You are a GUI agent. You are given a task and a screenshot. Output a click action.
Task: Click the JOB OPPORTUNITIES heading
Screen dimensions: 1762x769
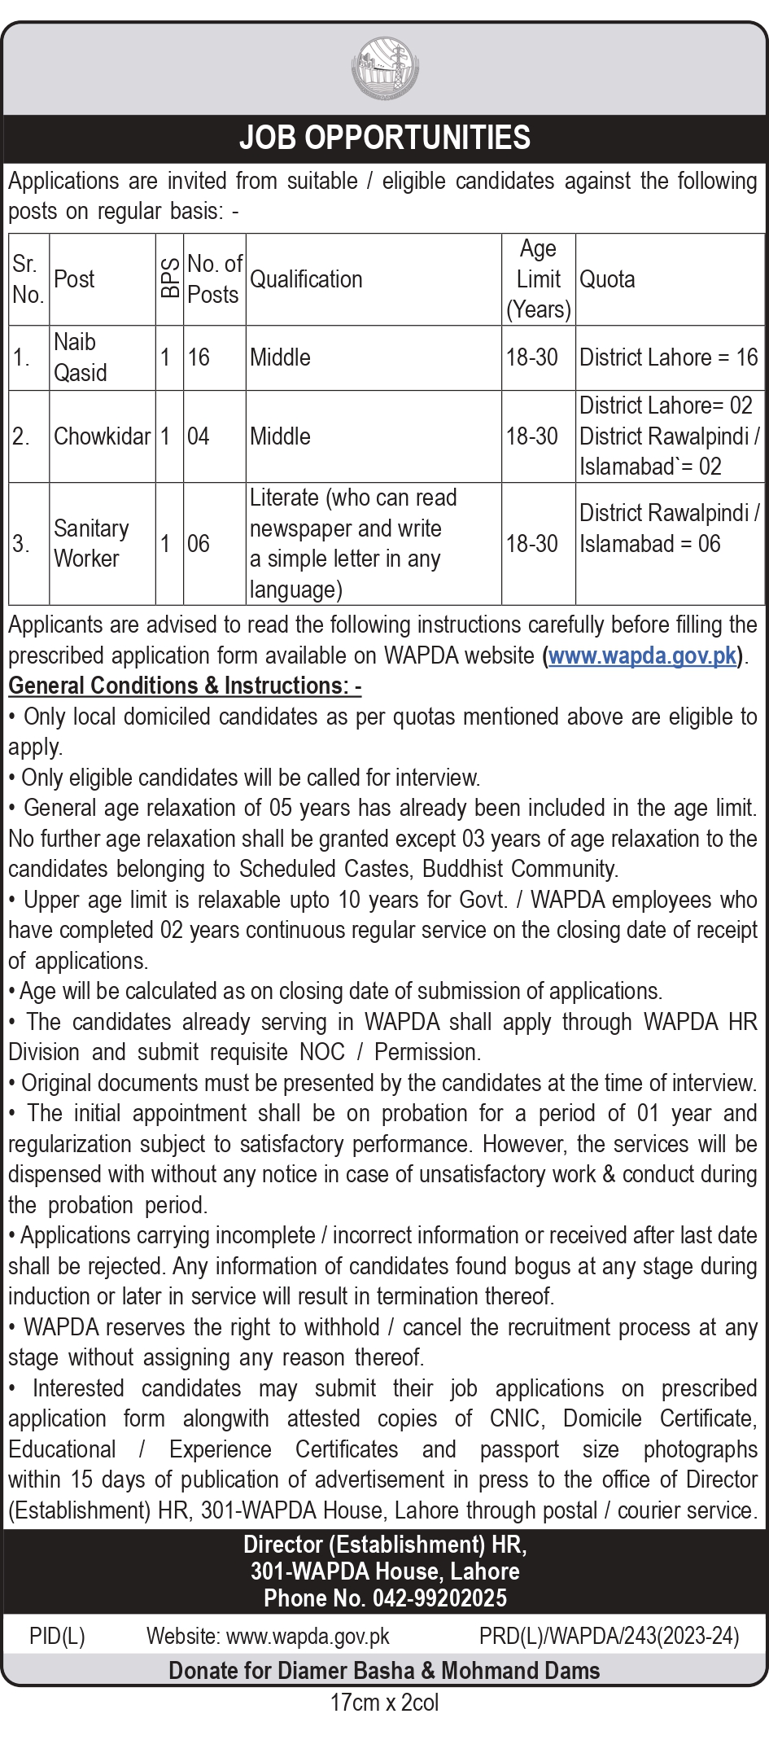click(x=385, y=138)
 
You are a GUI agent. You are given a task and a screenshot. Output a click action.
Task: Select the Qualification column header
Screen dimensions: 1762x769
click(x=306, y=279)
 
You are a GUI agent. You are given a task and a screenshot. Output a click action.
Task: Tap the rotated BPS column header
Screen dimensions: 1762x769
click(x=169, y=278)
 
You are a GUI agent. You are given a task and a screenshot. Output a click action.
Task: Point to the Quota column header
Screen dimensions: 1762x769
click(x=607, y=279)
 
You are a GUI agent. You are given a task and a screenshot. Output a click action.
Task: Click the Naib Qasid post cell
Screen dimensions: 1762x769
click(x=81, y=357)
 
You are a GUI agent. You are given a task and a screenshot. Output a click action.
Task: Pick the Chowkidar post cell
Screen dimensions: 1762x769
click(x=102, y=436)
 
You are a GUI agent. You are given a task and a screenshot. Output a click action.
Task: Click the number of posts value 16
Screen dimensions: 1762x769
click(x=199, y=357)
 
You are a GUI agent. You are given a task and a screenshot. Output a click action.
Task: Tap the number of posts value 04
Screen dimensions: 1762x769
click(x=199, y=436)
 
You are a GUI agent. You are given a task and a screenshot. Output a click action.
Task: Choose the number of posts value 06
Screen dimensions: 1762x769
click(x=199, y=543)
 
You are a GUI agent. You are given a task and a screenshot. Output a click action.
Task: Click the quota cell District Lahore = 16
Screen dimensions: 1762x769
click(x=668, y=357)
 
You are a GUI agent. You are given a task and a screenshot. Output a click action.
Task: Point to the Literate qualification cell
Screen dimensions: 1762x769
click(x=353, y=543)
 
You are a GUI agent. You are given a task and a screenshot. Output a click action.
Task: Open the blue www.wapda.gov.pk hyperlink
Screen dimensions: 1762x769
click(x=643, y=655)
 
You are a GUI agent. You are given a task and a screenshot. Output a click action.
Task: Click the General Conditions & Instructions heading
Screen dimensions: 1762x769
click(x=185, y=686)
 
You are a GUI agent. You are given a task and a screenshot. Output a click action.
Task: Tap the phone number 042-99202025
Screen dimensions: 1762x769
click(x=439, y=1598)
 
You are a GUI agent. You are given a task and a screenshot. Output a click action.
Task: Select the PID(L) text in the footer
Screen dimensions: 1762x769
click(x=57, y=1637)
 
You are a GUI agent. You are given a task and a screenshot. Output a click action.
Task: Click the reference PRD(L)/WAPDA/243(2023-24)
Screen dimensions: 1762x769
click(x=609, y=1637)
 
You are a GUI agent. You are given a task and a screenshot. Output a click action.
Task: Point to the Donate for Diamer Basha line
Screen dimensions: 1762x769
click(x=384, y=1670)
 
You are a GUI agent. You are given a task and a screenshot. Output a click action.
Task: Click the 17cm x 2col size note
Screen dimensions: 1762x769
click(x=384, y=1702)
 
